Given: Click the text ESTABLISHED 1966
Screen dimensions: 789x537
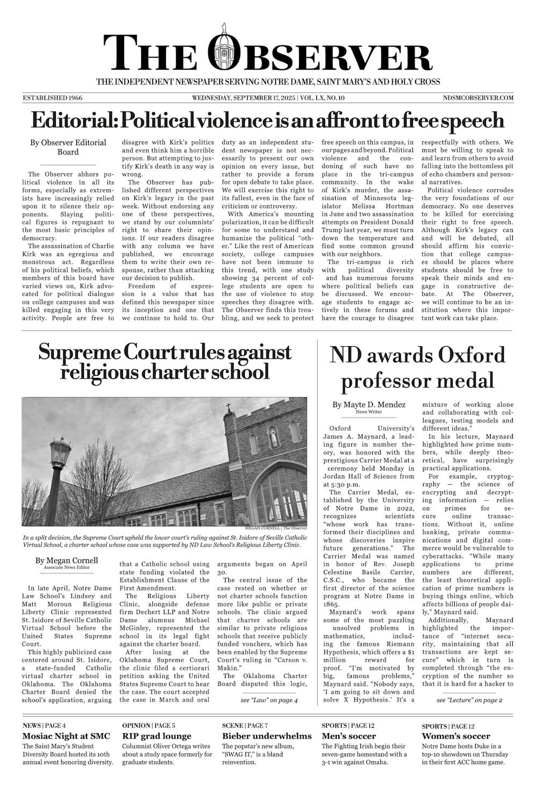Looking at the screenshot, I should click(x=52, y=98).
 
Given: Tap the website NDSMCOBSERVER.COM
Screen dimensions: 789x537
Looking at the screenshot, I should click(x=478, y=98).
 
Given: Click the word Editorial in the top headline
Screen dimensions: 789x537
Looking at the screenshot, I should click(x=72, y=120).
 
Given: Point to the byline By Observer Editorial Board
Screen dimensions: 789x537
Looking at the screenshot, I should click(x=68, y=147).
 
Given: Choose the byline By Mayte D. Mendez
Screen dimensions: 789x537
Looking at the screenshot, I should click(x=368, y=405).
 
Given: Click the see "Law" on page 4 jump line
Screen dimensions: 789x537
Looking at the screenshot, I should click(x=269, y=700).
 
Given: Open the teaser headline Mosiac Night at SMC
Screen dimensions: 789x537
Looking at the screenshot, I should click(x=66, y=736).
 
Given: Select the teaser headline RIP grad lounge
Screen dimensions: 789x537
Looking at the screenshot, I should click(x=157, y=736).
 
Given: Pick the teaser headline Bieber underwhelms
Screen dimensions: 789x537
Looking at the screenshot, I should click(x=267, y=736).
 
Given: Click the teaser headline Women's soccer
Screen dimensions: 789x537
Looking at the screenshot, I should click(x=455, y=736).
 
